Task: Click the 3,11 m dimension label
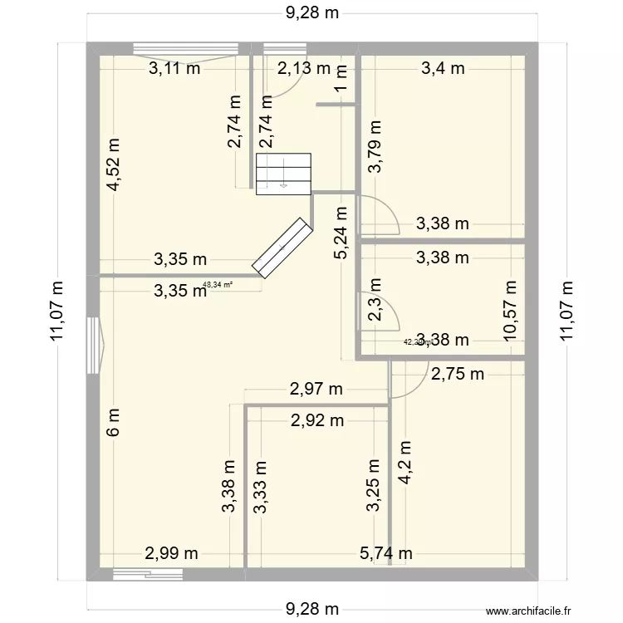coord(174,69)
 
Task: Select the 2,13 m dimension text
coord(303,69)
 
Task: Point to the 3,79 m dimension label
coord(376,146)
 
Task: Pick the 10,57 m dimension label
coord(509,308)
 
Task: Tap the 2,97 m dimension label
coord(316,388)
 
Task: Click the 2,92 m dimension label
coord(317,420)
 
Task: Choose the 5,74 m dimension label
coord(387,553)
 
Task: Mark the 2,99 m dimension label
coord(173,553)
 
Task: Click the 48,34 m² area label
coord(218,285)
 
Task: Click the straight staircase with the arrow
coord(283,174)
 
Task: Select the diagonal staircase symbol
coord(282,247)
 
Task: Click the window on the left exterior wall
coord(94,344)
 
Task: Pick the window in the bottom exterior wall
coord(140,572)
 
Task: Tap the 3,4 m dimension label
coord(443,69)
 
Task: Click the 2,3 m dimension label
coord(376,312)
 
